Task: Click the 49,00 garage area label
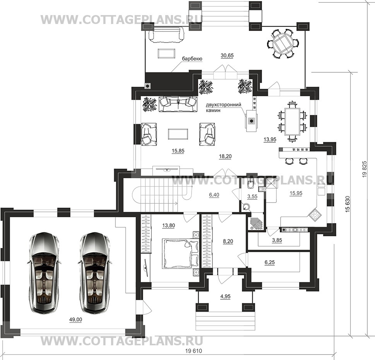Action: (x=75, y=319)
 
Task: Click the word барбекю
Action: (x=192, y=59)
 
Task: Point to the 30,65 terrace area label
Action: (x=227, y=55)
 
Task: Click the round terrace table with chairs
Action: (x=283, y=43)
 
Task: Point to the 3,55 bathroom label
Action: (x=252, y=196)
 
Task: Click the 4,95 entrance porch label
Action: (x=225, y=297)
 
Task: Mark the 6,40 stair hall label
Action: (x=214, y=195)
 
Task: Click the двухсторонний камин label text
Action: (x=223, y=107)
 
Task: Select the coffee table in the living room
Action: (x=178, y=133)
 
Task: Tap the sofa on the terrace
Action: (x=166, y=35)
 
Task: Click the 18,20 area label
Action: (x=225, y=157)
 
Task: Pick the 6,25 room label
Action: (x=269, y=262)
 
